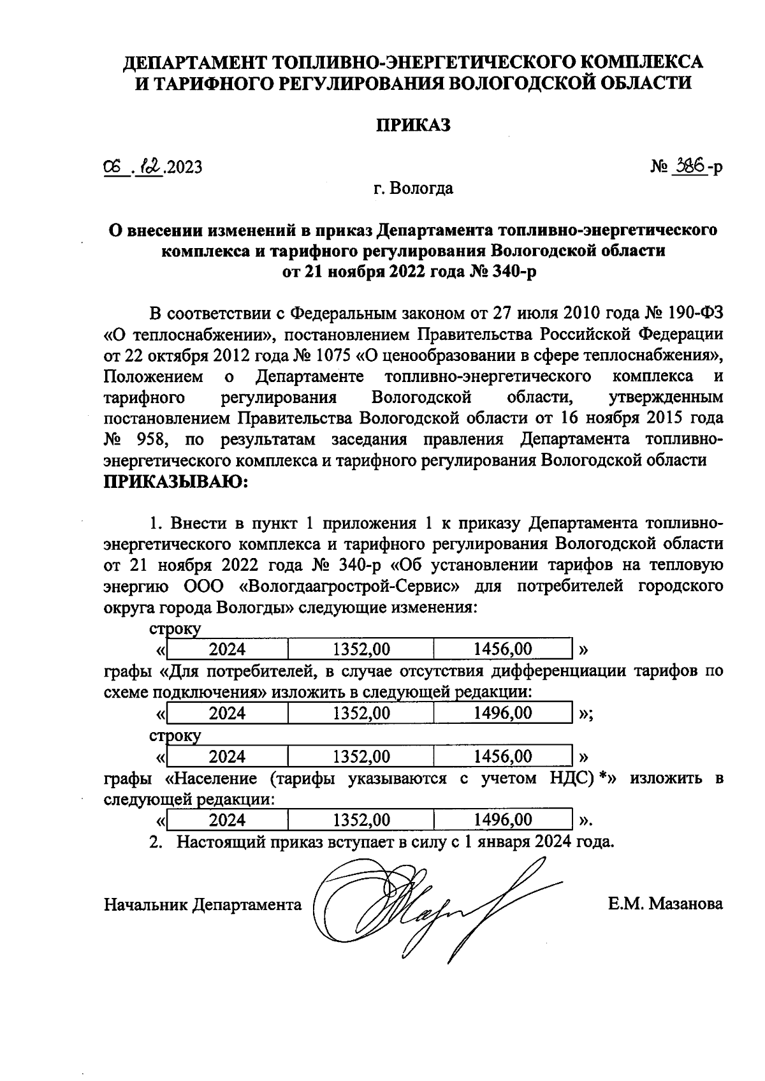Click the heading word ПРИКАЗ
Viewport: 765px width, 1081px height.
[x=413, y=126]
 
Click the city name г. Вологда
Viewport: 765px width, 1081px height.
[x=413, y=188]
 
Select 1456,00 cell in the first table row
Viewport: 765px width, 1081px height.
[x=502, y=649]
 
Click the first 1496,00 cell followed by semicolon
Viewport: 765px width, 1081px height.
[x=502, y=713]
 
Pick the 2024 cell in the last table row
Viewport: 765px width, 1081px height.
[x=227, y=820]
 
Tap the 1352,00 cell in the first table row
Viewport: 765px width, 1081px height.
[x=361, y=649]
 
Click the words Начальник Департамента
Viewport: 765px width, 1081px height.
[x=203, y=904]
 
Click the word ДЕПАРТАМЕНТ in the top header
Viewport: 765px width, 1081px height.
[x=194, y=63]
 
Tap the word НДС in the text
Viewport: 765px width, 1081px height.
[x=571, y=778]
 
